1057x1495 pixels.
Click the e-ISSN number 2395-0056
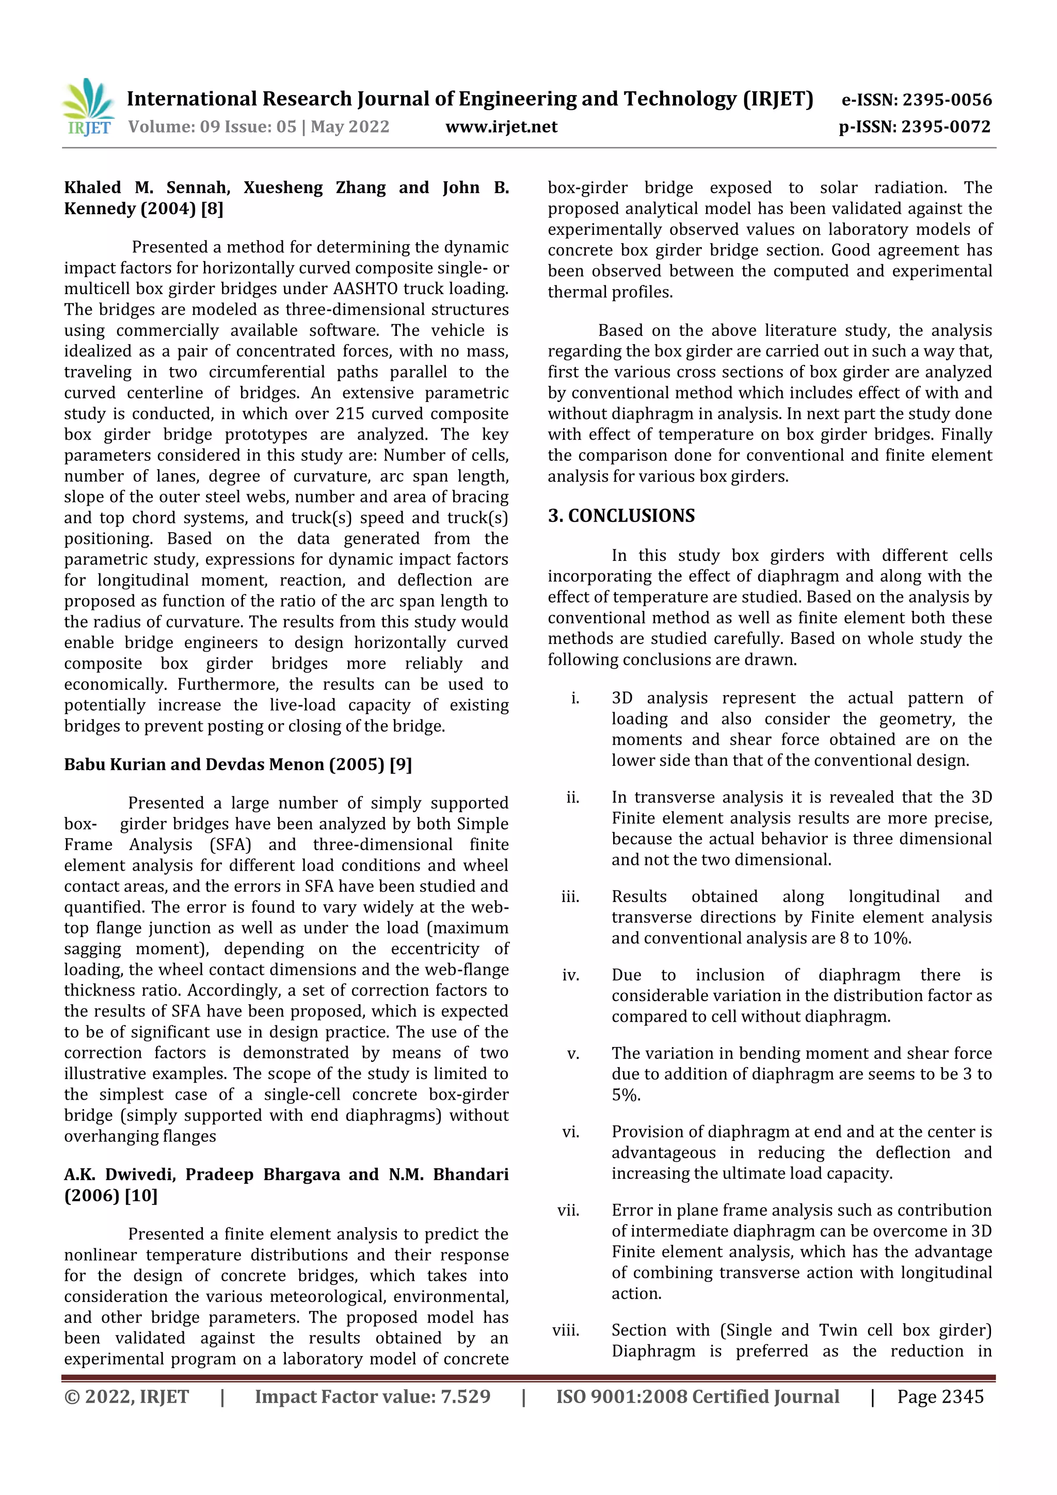coord(946,100)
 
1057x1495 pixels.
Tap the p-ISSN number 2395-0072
coord(946,127)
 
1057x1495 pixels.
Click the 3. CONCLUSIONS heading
coord(621,516)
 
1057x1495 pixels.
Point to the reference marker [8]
coord(212,209)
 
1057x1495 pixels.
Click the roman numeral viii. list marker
coord(566,1330)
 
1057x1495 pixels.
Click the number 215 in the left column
coord(350,414)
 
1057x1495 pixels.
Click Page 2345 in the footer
coord(940,1396)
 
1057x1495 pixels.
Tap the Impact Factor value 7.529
coord(465,1396)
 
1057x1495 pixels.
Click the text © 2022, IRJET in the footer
coord(126,1396)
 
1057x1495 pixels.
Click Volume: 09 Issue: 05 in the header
coord(212,127)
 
